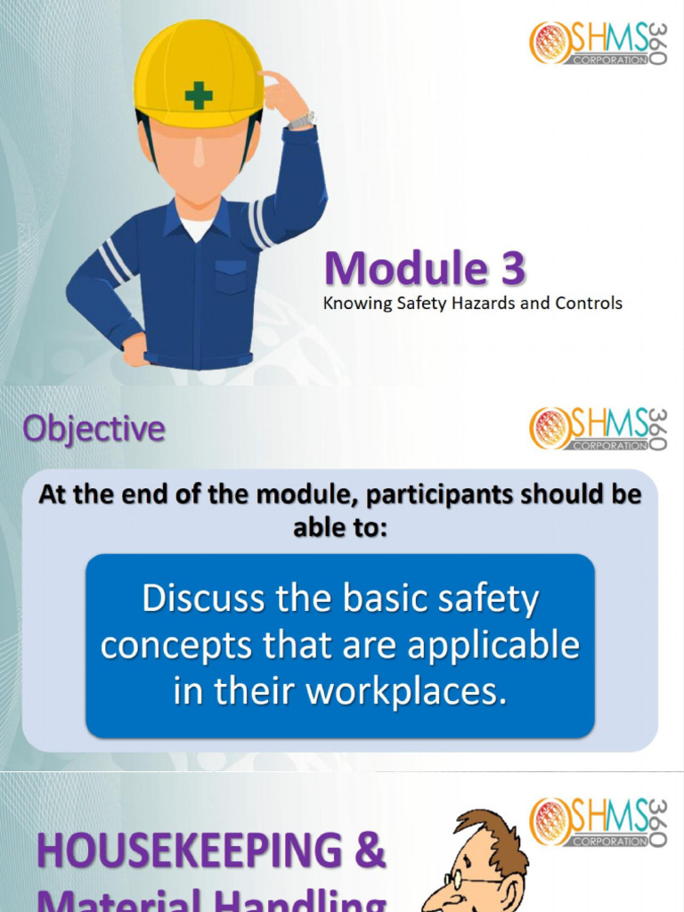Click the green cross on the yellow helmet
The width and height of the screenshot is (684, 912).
(199, 95)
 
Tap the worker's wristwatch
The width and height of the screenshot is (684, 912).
(303, 119)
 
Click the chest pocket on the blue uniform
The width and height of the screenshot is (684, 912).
(231, 277)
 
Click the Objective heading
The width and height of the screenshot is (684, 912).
(94, 429)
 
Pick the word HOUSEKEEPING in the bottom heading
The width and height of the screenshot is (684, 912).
(189, 851)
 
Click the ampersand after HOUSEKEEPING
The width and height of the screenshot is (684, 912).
(369, 851)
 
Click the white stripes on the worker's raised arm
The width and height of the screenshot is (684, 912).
(260, 224)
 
